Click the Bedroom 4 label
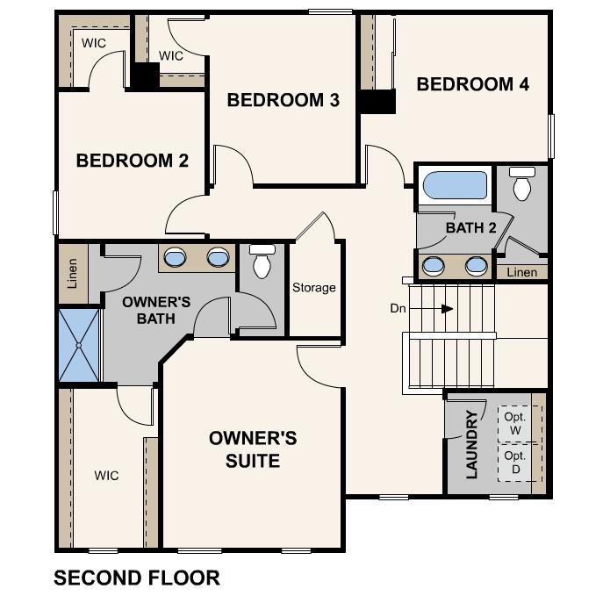[472, 84]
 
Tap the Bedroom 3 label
[283, 100]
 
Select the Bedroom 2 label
[132, 161]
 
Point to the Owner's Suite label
[253, 449]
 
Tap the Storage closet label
[313, 287]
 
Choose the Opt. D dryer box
[515, 462]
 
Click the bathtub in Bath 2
[455, 186]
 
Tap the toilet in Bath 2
[522, 184]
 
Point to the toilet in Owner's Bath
[262, 262]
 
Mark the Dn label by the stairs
[398, 308]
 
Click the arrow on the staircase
[447, 309]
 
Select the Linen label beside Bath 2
[521, 272]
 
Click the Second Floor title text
[136, 578]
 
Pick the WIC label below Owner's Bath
[107, 476]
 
